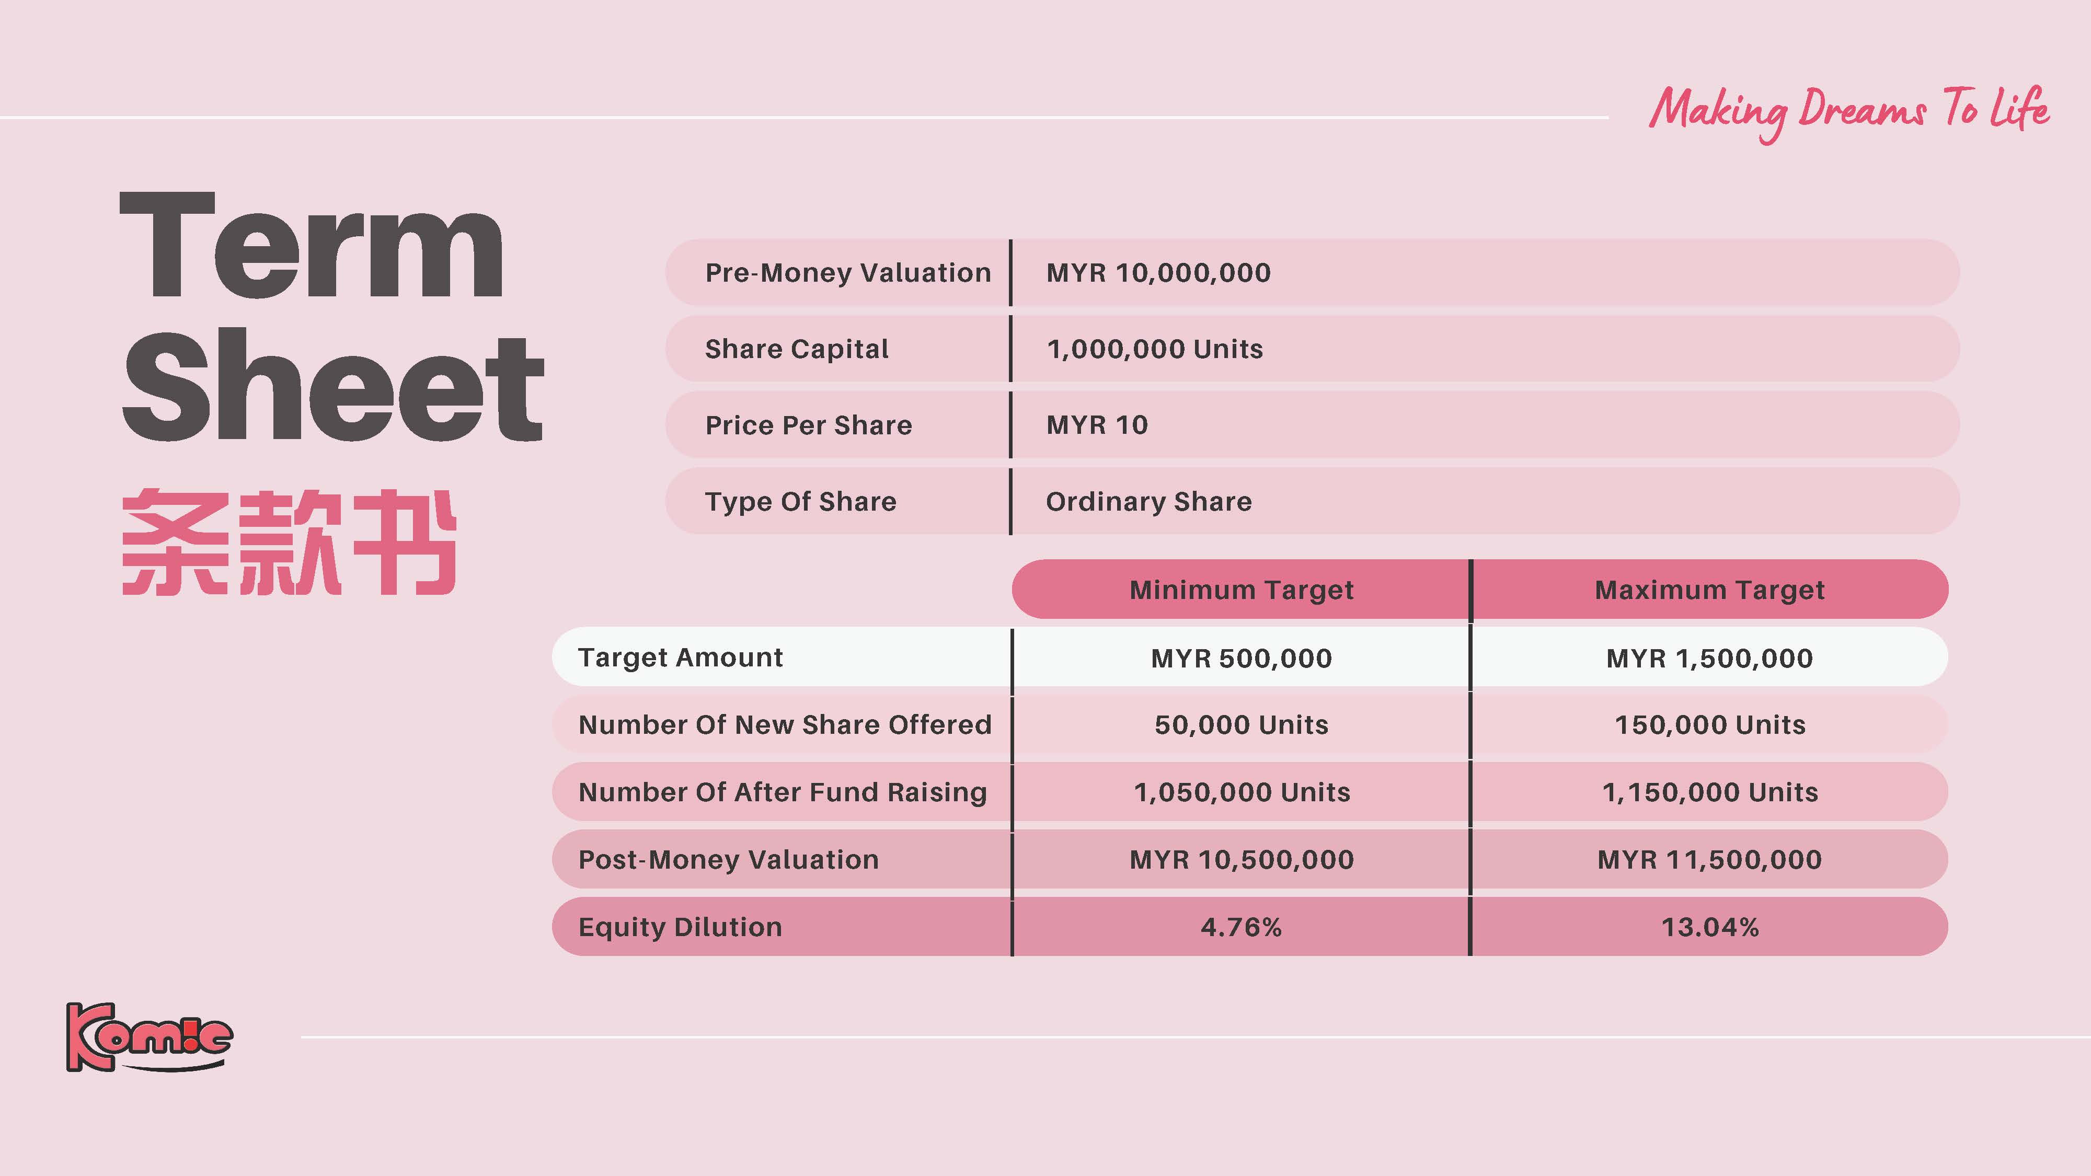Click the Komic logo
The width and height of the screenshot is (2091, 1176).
click(x=150, y=1037)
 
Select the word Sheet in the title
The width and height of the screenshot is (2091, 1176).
click(x=333, y=387)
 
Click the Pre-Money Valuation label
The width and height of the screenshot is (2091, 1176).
click(x=847, y=273)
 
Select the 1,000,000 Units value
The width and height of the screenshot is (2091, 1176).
click(x=1154, y=349)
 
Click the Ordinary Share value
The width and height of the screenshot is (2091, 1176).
click(x=1148, y=502)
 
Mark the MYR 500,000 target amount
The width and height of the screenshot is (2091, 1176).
click(x=1241, y=658)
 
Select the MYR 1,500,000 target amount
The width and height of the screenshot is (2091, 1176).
click(x=1709, y=658)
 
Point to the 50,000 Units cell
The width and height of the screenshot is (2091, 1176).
click(x=1241, y=725)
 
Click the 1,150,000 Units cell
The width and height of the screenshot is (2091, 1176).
click(x=1709, y=792)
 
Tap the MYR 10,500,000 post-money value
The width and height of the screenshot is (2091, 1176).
click(x=1241, y=859)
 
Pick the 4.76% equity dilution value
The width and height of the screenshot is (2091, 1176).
click(x=1241, y=927)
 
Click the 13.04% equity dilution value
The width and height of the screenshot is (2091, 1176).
click(x=1709, y=927)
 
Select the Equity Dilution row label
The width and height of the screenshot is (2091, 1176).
click(x=680, y=927)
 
